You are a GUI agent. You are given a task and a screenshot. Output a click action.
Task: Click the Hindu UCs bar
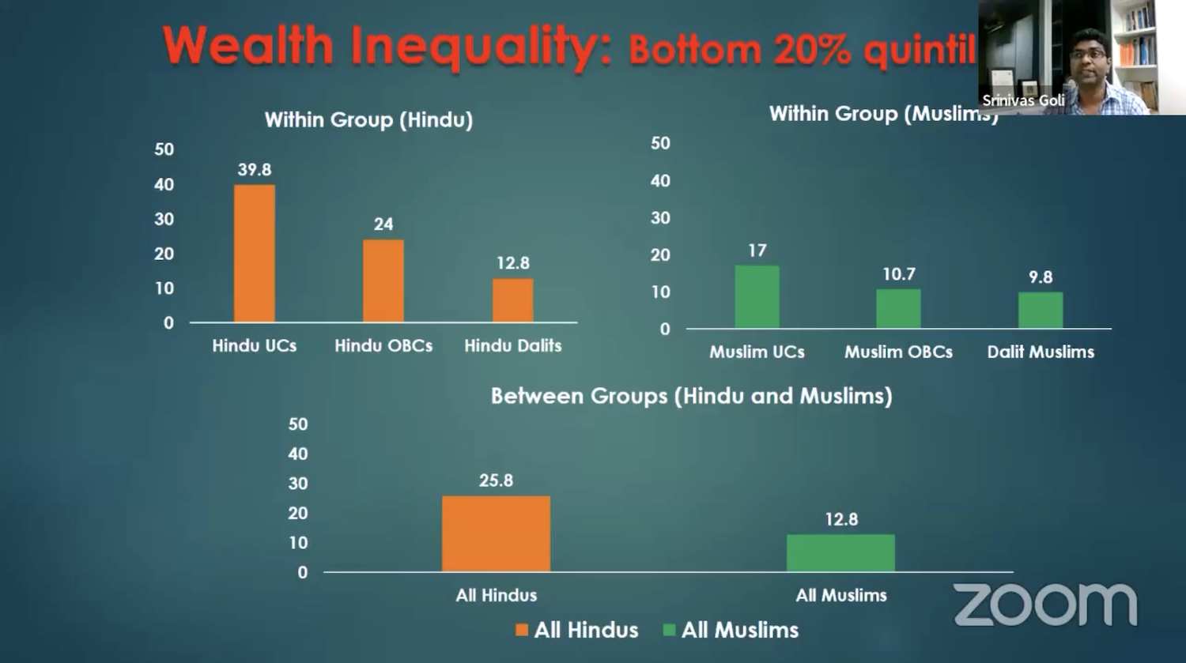tap(255, 253)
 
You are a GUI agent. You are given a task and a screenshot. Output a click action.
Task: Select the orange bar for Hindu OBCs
tap(383, 281)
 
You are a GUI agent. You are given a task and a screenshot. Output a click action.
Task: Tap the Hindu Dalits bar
tap(513, 300)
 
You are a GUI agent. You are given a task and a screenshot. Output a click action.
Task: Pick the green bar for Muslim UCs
tap(757, 296)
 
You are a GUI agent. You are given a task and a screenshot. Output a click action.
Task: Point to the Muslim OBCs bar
tap(898, 308)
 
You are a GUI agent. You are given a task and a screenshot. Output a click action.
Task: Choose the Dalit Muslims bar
tap(1041, 310)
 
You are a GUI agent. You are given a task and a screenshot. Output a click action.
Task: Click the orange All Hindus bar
tap(496, 533)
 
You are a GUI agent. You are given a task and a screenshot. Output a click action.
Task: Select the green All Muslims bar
tap(840, 552)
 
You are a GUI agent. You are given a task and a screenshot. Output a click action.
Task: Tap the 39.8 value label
tap(255, 170)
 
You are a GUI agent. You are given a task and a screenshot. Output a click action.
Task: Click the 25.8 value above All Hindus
tap(496, 480)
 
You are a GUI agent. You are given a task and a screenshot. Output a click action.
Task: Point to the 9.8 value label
tap(1041, 277)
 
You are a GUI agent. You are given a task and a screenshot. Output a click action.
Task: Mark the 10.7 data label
tap(899, 274)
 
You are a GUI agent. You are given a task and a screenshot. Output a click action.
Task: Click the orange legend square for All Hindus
tap(522, 630)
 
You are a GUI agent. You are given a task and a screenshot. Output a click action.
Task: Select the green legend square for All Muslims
tap(669, 630)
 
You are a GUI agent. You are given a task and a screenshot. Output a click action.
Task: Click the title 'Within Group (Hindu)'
tap(368, 120)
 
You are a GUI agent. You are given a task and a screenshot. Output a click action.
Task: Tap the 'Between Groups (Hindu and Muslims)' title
tap(691, 396)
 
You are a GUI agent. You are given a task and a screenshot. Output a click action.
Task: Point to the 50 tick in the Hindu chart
tap(164, 149)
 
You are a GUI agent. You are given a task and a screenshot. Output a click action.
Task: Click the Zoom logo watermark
tap(1045, 605)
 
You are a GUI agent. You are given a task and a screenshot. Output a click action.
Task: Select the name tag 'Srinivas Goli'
tap(1023, 100)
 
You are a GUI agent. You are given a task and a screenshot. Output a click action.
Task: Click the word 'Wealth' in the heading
tap(248, 46)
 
